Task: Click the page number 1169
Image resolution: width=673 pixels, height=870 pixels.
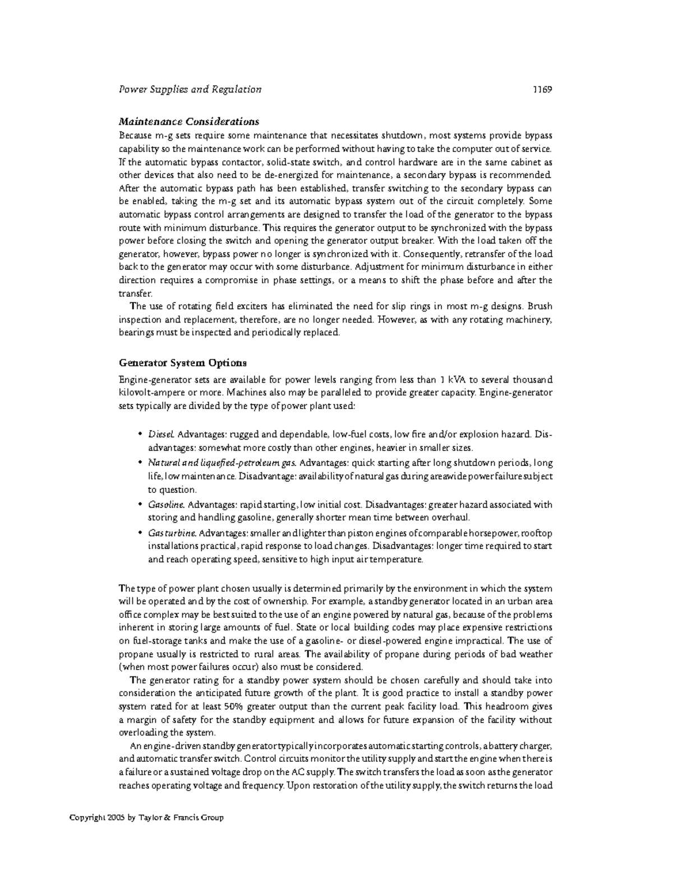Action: click(543, 89)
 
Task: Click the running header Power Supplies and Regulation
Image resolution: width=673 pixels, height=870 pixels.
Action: click(190, 89)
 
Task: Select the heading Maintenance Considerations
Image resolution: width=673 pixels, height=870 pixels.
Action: click(188, 122)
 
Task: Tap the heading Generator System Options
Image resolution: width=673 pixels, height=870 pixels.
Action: click(182, 362)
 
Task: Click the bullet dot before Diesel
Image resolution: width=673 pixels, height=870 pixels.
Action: click(140, 435)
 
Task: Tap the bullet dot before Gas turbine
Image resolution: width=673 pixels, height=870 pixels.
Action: click(140, 533)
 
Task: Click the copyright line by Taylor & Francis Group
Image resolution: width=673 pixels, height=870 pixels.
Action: click(146, 817)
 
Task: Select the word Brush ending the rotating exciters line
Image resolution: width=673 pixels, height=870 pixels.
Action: click(540, 306)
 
